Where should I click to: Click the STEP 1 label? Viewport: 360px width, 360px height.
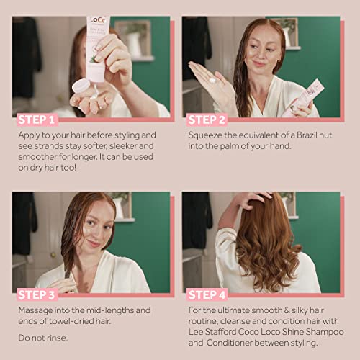tap(37, 120)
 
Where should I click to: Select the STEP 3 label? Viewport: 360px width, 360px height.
tap(37, 294)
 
